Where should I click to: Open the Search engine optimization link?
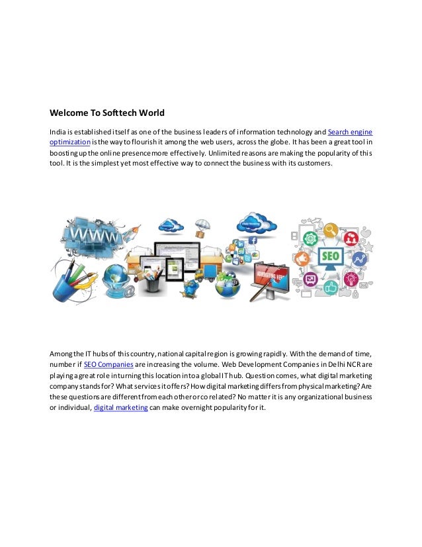[x=355, y=130]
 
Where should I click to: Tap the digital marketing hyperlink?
[x=120, y=408]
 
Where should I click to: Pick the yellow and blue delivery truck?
[x=218, y=272]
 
